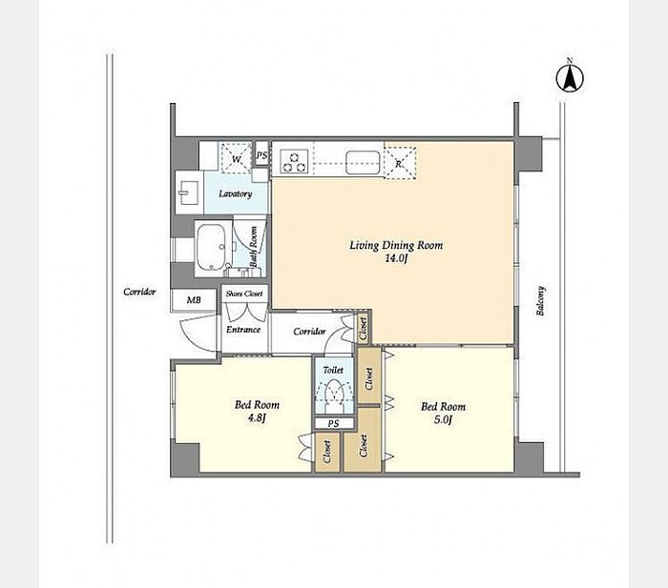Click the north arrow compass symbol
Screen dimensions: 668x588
pos(570,77)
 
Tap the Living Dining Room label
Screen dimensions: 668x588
pos(396,246)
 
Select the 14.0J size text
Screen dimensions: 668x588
pos(396,258)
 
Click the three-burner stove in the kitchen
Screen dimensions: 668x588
pos(294,162)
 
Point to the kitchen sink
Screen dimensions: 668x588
pos(363,163)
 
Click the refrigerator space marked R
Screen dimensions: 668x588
pos(400,163)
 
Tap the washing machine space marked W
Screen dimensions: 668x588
pos(237,158)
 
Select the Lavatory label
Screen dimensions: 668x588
pos(235,194)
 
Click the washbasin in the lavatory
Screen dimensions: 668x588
pos(188,193)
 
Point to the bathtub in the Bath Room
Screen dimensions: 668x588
pos(212,247)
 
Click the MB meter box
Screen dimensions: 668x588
pos(194,300)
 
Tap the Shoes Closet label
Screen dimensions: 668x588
pos(244,294)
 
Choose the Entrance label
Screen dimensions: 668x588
pos(243,330)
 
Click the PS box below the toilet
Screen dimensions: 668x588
pos(334,423)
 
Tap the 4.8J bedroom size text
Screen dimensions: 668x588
pos(257,418)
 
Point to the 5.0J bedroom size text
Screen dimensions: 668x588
pos(443,420)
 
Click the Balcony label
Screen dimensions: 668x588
pos(540,301)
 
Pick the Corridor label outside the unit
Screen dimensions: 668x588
pos(139,292)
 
